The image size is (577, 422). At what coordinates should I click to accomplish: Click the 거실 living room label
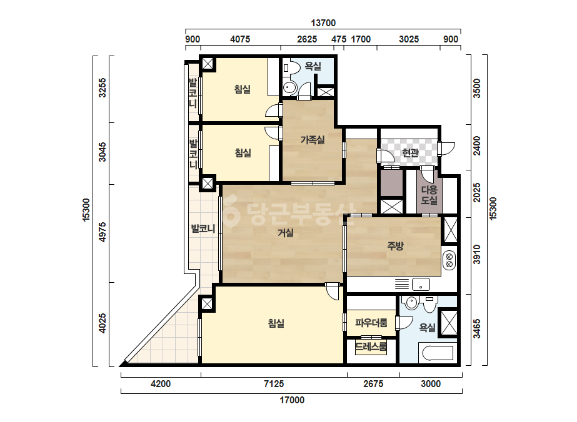click(x=286, y=233)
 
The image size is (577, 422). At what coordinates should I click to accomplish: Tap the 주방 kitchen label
click(x=395, y=246)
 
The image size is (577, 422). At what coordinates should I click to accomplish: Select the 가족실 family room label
click(x=313, y=140)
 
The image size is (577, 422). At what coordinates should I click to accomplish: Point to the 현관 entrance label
click(x=410, y=152)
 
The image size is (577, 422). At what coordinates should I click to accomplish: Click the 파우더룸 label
click(x=371, y=323)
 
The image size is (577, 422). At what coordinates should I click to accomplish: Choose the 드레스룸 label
click(x=371, y=346)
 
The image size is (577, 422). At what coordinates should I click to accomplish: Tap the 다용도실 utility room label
click(x=429, y=195)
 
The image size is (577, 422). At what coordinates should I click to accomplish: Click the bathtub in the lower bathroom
click(x=438, y=353)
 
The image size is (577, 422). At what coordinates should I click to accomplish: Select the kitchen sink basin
click(x=421, y=285)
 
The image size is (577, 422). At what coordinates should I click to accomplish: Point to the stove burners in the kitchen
click(x=449, y=260)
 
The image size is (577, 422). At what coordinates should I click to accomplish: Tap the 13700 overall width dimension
click(x=323, y=23)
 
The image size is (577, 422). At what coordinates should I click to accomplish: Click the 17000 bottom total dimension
click(x=292, y=400)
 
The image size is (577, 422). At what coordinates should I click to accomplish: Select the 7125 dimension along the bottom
click(x=274, y=384)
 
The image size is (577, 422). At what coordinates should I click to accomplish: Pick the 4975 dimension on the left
click(x=103, y=232)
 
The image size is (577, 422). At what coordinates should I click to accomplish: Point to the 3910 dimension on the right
click(x=476, y=254)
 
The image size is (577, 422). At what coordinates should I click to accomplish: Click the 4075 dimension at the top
click(x=240, y=39)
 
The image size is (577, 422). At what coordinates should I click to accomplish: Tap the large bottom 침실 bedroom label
click(x=276, y=323)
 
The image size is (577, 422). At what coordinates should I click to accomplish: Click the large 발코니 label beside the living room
click(x=203, y=228)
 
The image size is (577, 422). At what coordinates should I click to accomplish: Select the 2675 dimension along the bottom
click(x=373, y=384)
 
